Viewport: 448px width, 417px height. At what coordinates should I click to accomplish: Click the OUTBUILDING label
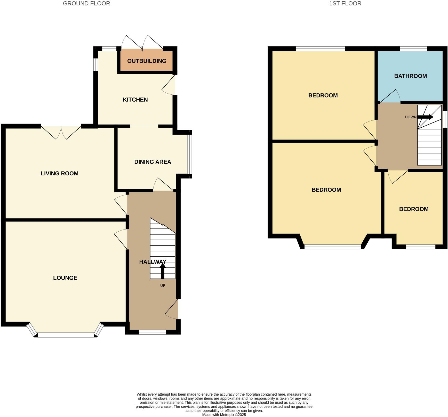147,61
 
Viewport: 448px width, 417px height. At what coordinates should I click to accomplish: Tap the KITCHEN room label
135,100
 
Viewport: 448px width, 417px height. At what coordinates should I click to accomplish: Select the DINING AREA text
153,162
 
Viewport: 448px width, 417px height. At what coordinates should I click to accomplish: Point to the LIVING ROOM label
59,174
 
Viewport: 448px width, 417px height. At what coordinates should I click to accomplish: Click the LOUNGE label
65,278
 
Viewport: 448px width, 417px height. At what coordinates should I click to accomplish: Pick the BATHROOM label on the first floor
410,76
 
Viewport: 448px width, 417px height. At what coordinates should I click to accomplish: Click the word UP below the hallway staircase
163,286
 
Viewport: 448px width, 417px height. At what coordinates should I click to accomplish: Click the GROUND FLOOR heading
86,4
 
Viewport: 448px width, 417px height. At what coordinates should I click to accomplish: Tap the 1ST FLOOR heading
345,4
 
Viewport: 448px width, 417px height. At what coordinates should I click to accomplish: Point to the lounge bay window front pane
66,335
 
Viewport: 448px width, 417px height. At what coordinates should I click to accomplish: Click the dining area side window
190,154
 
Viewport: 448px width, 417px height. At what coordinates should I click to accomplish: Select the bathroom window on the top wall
413,49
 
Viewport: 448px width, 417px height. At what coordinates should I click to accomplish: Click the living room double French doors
61,132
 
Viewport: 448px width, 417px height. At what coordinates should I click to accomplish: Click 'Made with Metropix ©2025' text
224,415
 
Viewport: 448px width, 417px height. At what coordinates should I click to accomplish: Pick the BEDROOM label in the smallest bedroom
414,209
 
